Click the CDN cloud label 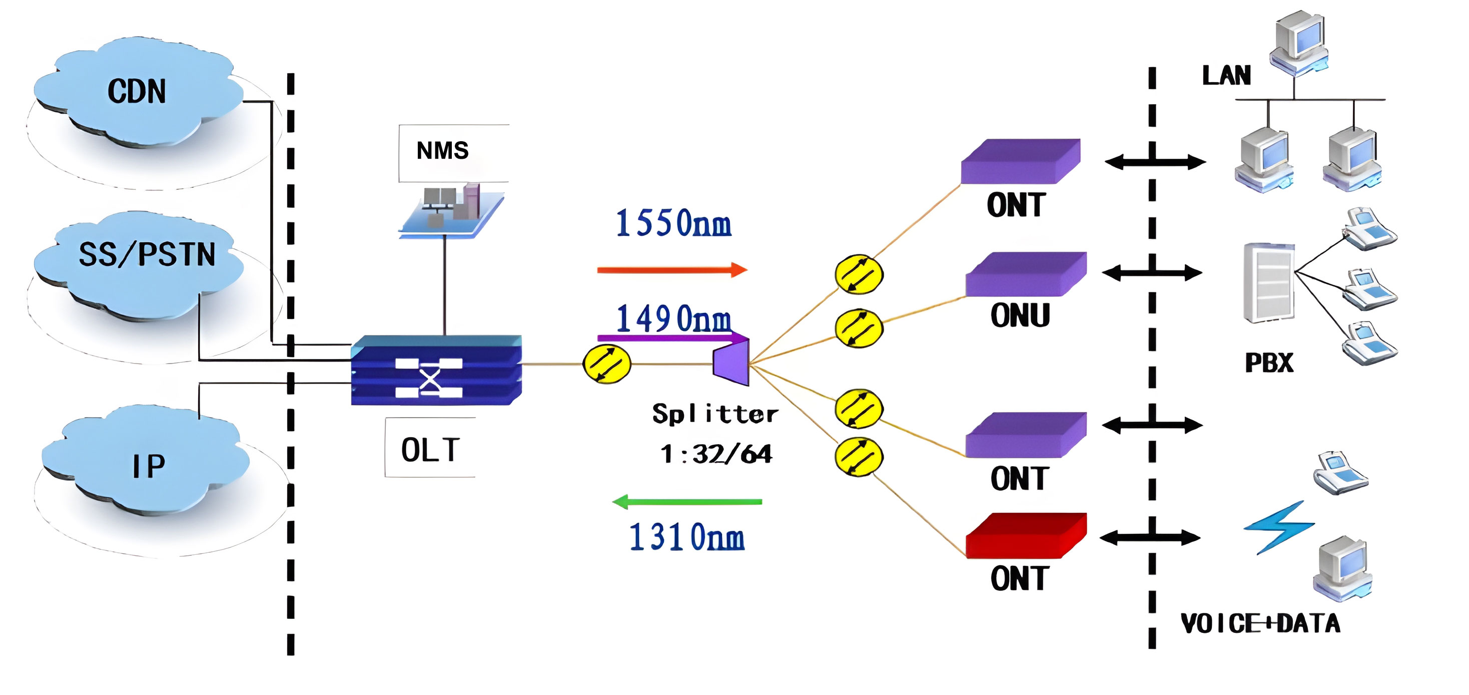[137, 91]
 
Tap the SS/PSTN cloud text [147, 254]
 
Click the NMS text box [442, 151]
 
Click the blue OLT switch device [436, 371]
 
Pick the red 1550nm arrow [672, 270]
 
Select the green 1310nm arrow [687, 502]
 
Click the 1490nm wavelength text [673, 318]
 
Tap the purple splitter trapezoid [731, 362]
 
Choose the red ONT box [1025, 536]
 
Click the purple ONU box [1025, 274]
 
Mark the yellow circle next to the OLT [607, 364]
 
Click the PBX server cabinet [1269, 282]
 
